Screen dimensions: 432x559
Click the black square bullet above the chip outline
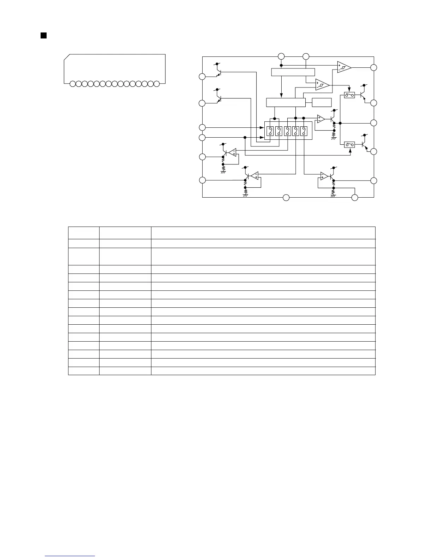coord(44,35)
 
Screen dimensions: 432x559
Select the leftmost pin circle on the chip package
coord(72,84)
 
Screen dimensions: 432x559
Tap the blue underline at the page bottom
coord(70,556)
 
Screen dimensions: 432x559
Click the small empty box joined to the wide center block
coord(322,102)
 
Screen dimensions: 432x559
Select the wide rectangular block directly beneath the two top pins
coord(293,72)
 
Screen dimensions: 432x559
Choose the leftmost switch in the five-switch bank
coord(270,131)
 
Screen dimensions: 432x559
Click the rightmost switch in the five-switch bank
coord(304,131)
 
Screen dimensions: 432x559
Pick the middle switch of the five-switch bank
coord(287,131)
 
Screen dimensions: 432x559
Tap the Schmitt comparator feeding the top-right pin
coord(344,67)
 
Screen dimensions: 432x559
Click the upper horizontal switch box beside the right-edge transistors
coord(349,95)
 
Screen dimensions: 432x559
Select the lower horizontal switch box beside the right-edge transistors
coord(349,144)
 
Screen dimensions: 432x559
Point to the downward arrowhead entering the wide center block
coord(281,96)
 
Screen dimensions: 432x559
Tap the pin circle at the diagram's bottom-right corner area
coord(355,198)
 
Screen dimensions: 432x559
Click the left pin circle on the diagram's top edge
coord(281,56)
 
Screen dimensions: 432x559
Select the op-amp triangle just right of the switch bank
coord(320,119)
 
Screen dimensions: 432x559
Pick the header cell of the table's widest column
coord(263,233)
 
